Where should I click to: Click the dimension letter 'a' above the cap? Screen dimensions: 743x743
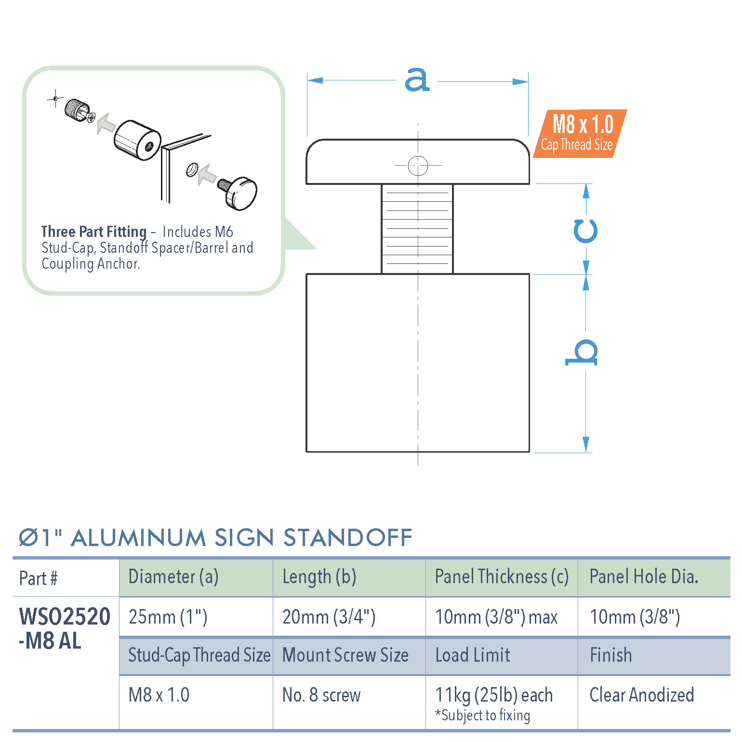[x=417, y=79]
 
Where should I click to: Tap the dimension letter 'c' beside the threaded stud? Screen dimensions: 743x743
[x=585, y=231]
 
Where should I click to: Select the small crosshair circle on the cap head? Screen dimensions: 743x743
[x=418, y=166]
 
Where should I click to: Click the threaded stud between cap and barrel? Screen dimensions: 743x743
[x=417, y=229]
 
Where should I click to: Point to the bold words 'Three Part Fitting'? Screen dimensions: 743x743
[x=93, y=232]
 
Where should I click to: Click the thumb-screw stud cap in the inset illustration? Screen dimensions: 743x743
[x=241, y=192]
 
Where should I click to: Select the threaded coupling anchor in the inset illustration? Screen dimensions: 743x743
[x=76, y=109]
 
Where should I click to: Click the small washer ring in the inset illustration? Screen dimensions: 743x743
[x=192, y=169]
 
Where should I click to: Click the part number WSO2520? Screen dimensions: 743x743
[x=65, y=616]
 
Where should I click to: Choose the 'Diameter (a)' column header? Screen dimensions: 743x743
[x=173, y=577]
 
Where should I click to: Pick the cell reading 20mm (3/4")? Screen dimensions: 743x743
[x=329, y=617]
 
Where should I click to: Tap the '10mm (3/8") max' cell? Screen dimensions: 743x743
[x=496, y=617]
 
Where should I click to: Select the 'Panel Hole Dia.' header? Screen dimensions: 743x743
[x=644, y=577]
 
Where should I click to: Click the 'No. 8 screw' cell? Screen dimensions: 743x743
[x=321, y=695]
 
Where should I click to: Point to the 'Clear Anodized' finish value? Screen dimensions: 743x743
[x=641, y=695]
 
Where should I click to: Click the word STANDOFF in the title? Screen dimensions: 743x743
[x=347, y=538]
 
